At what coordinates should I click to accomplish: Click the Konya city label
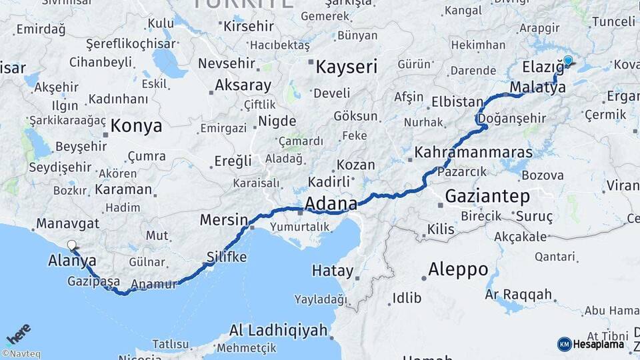pyautogui.click(x=136, y=125)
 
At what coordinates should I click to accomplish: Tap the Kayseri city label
pyautogui.click(x=346, y=67)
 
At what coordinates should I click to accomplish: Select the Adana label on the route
pyautogui.click(x=329, y=202)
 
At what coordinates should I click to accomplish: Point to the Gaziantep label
pyautogui.click(x=487, y=196)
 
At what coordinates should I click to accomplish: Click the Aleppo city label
pyautogui.click(x=458, y=269)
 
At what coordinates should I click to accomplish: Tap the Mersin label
pyautogui.click(x=224, y=220)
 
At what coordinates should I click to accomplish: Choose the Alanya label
pyautogui.click(x=72, y=261)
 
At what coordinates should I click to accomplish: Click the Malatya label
pyautogui.click(x=537, y=87)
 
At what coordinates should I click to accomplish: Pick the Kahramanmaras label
pyautogui.click(x=473, y=152)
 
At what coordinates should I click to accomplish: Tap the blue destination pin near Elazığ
pyautogui.click(x=568, y=61)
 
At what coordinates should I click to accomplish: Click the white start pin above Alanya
pyautogui.click(x=71, y=245)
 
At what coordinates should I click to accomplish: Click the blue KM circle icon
pyautogui.click(x=564, y=344)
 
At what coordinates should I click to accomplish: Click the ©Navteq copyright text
pyautogui.click(x=21, y=354)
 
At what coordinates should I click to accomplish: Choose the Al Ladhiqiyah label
pyautogui.click(x=278, y=330)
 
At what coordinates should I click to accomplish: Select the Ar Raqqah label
pyautogui.click(x=519, y=294)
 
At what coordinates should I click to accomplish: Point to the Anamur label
pyautogui.click(x=154, y=285)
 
